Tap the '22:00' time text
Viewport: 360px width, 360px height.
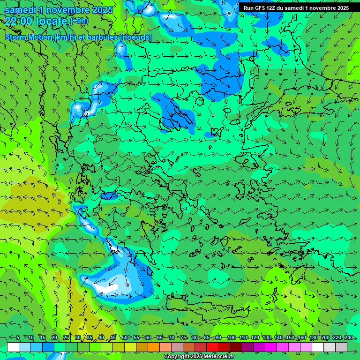[x=19, y=21]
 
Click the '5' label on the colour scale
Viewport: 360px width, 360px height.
[x=18, y=337]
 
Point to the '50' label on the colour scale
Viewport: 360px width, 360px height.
[x=124, y=337]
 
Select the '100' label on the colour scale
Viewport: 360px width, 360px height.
[x=231, y=337]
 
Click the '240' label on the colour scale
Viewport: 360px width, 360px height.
[x=348, y=337]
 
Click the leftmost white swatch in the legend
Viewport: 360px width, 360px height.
[x=13, y=347]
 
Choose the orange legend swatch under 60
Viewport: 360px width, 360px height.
[x=154, y=347]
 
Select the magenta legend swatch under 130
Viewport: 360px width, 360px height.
[x=271, y=347]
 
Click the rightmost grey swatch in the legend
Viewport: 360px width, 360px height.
[x=342, y=347]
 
